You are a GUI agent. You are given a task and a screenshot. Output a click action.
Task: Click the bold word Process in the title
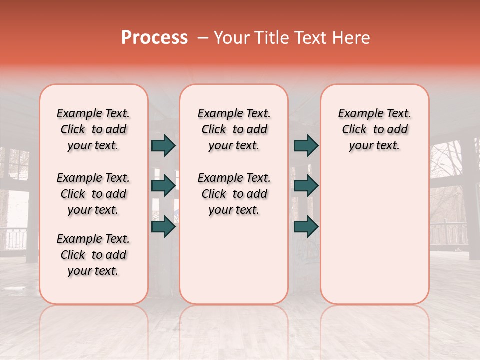pos(154,38)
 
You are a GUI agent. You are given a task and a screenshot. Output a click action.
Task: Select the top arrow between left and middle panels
pos(163,146)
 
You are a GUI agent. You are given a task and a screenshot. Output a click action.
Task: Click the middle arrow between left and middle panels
pos(163,186)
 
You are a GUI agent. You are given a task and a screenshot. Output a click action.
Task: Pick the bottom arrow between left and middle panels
pos(163,227)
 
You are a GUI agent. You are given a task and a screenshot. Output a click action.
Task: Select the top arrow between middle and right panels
pos(306,146)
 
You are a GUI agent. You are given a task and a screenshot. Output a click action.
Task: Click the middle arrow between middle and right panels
pos(306,186)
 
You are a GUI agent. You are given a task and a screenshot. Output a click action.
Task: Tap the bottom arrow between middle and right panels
pos(306,227)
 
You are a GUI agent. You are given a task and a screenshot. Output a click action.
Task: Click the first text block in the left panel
pos(93,129)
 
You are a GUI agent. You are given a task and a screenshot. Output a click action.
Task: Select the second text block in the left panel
pos(93,194)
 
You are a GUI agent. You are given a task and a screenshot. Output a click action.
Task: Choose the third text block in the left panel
pos(93,255)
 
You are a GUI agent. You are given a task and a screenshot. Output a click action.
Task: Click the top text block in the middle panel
pos(234,129)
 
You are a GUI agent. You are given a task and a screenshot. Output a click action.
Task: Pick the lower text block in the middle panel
pos(234,194)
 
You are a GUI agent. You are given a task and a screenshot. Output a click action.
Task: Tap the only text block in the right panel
pos(374,129)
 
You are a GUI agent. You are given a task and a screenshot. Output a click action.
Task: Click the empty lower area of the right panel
pos(374,235)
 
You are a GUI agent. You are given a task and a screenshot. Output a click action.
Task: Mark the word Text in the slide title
pos(310,38)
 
